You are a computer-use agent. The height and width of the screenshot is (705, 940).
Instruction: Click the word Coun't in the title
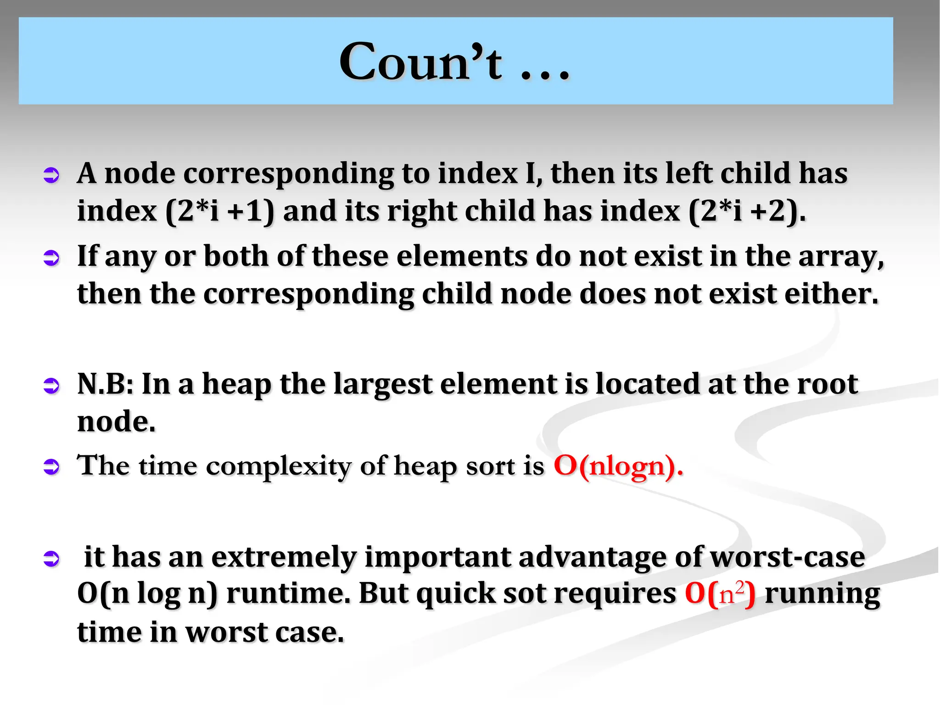coord(420,62)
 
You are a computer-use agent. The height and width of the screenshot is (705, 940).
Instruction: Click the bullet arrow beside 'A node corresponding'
coord(51,175)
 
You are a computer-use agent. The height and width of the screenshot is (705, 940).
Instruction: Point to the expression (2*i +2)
coord(747,212)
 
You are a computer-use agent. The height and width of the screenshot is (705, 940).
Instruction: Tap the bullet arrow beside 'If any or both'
coord(51,258)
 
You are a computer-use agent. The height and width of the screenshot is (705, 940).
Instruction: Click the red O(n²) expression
coord(719,593)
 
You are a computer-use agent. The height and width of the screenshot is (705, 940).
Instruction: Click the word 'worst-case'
coord(787,558)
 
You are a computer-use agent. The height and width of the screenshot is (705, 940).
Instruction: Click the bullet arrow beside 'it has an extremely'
coord(51,559)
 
